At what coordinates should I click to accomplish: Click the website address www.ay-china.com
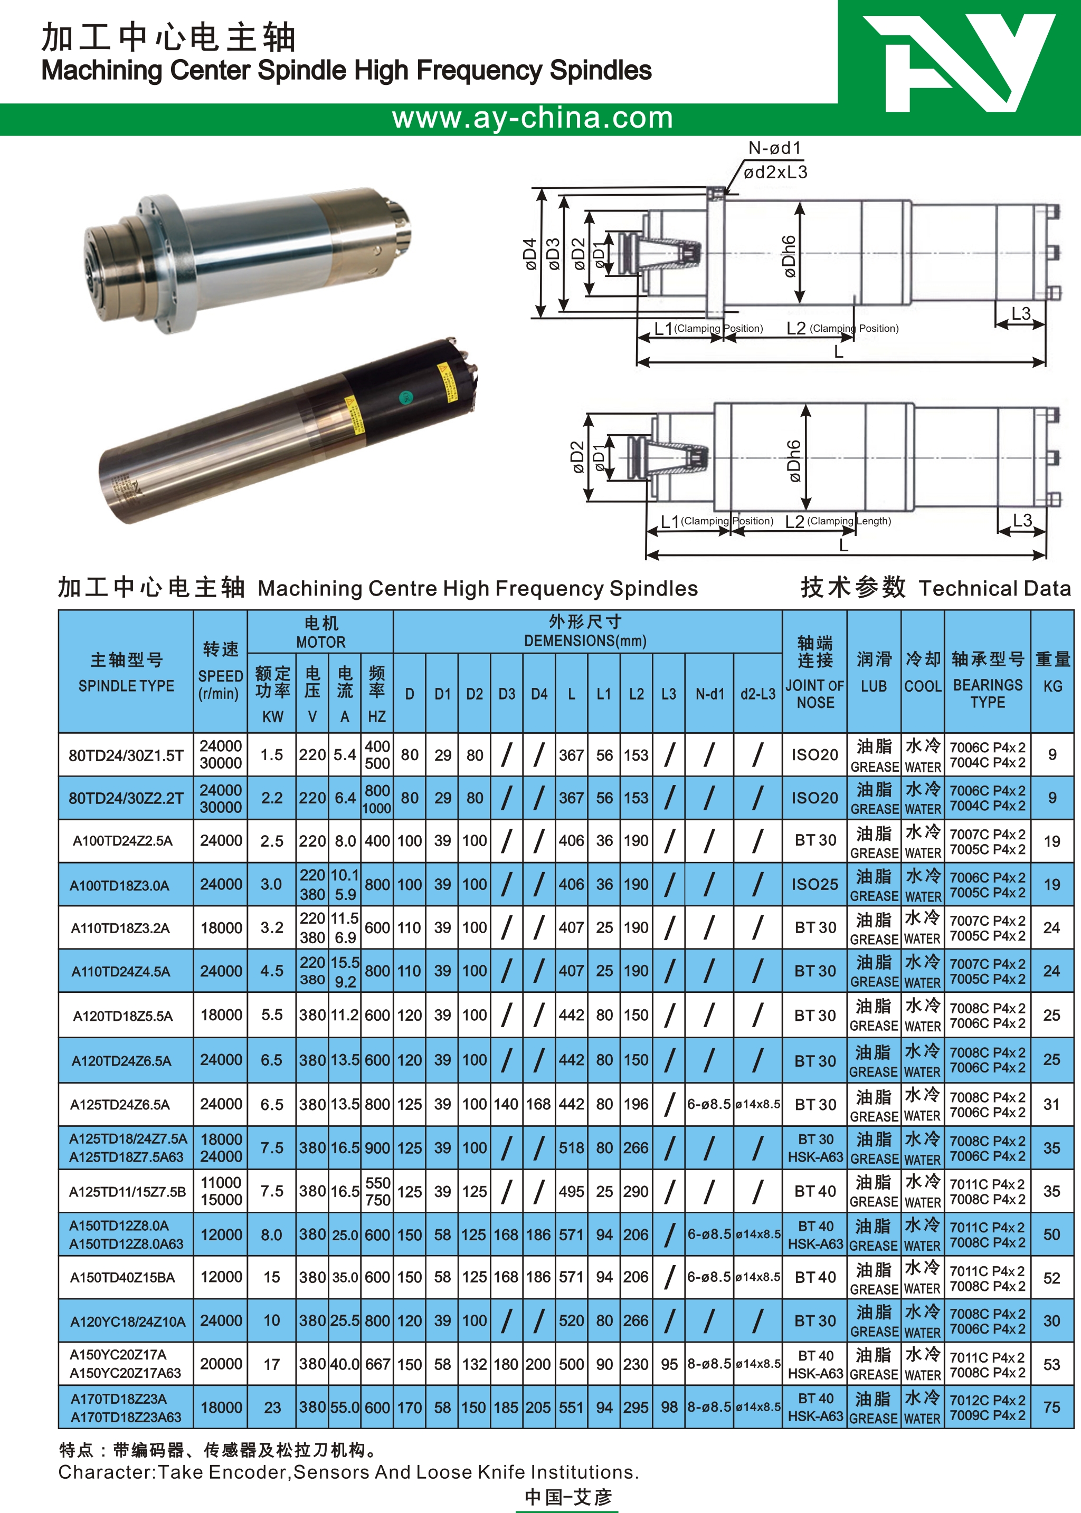pos(533,118)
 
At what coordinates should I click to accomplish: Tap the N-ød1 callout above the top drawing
pos(775,148)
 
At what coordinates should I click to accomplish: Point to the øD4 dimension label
pos(530,254)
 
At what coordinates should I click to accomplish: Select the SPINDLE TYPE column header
pos(127,686)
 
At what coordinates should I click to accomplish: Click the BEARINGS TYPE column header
pos(988,693)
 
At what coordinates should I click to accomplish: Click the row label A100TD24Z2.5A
pos(122,841)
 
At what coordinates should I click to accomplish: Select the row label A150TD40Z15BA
pos(122,1278)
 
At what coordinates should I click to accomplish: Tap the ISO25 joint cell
pos(815,884)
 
